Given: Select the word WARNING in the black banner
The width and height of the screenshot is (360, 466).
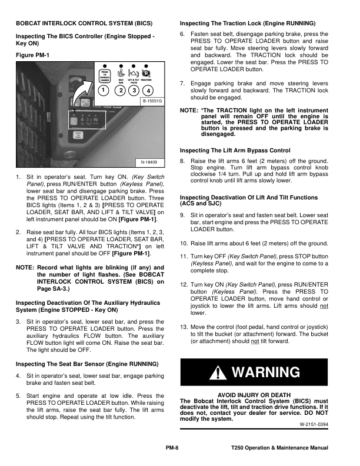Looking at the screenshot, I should (266, 373).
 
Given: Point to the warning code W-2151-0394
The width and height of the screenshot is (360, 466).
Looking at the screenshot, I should (314, 424).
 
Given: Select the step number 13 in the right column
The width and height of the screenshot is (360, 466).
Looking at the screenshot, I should (184, 327).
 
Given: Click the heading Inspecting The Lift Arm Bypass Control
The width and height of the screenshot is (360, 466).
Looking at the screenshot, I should (235, 150).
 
